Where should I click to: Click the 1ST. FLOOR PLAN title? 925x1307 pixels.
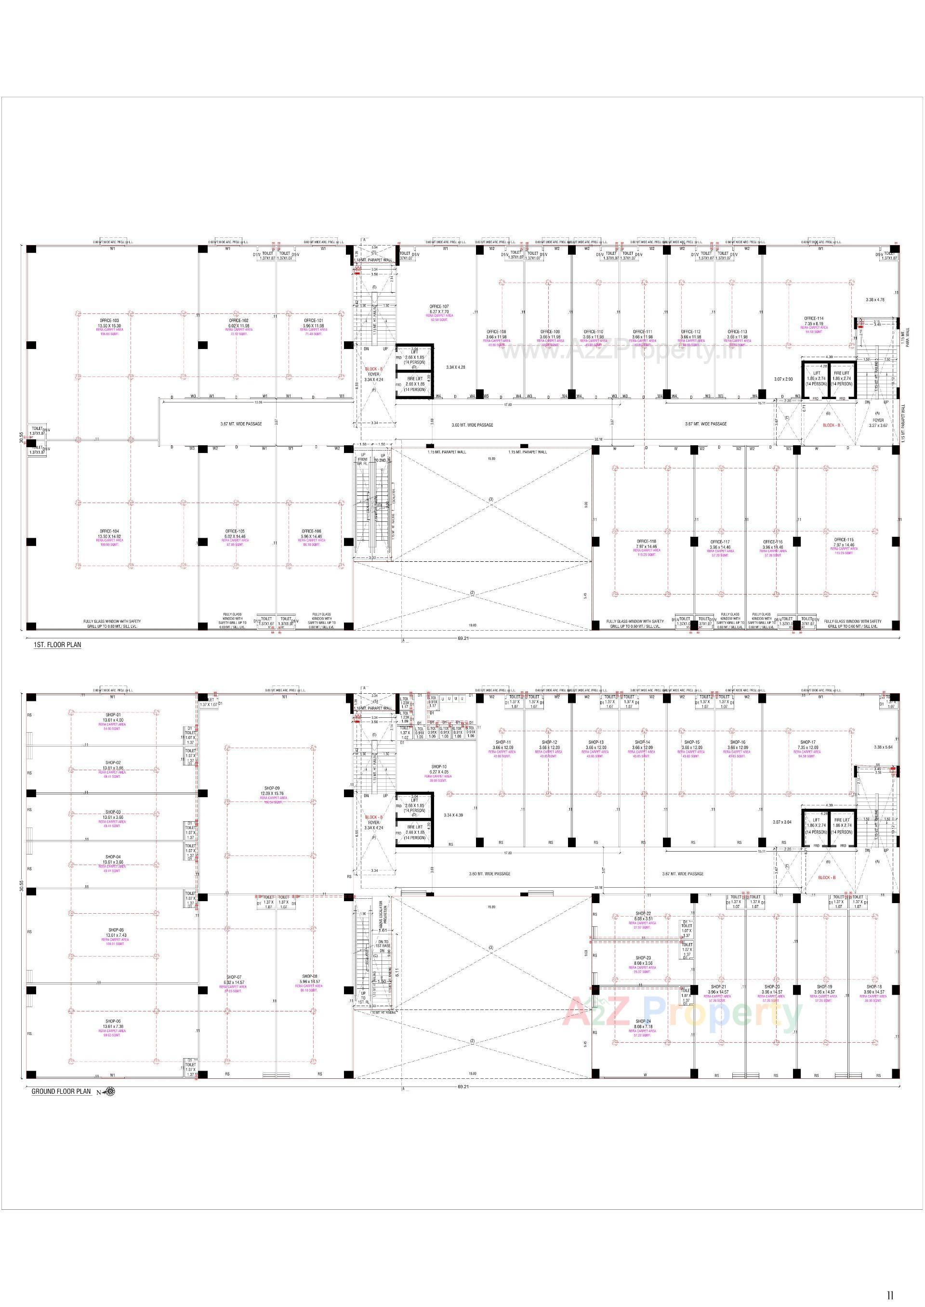(x=57, y=645)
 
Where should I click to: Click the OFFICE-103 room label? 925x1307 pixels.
(x=109, y=321)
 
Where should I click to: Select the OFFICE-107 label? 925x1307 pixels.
(x=439, y=307)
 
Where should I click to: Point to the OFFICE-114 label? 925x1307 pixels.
(x=813, y=319)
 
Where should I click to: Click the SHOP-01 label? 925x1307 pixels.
(x=113, y=715)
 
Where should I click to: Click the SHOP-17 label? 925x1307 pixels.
(x=807, y=742)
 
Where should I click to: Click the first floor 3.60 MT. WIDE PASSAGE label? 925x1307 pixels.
(x=472, y=425)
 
